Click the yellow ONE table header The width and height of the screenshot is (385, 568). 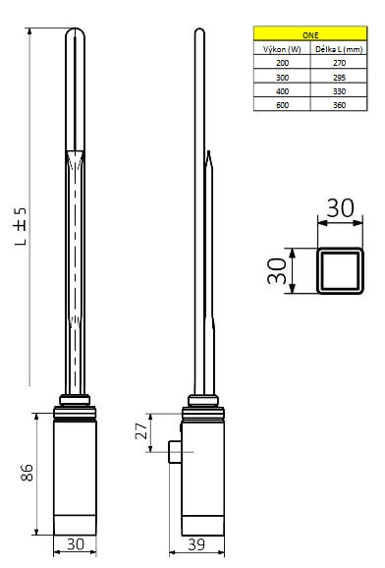(x=310, y=33)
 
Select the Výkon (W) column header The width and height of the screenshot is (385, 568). (x=282, y=49)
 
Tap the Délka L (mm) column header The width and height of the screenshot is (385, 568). (x=339, y=49)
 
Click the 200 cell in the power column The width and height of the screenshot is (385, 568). (x=282, y=63)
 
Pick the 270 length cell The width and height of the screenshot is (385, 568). (x=339, y=63)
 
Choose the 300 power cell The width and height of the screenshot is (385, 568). (x=282, y=78)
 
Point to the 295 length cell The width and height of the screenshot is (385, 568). (x=339, y=78)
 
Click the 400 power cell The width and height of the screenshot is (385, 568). (x=282, y=91)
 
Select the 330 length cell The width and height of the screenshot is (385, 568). (x=339, y=91)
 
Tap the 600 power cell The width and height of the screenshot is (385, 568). (x=282, y=105)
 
